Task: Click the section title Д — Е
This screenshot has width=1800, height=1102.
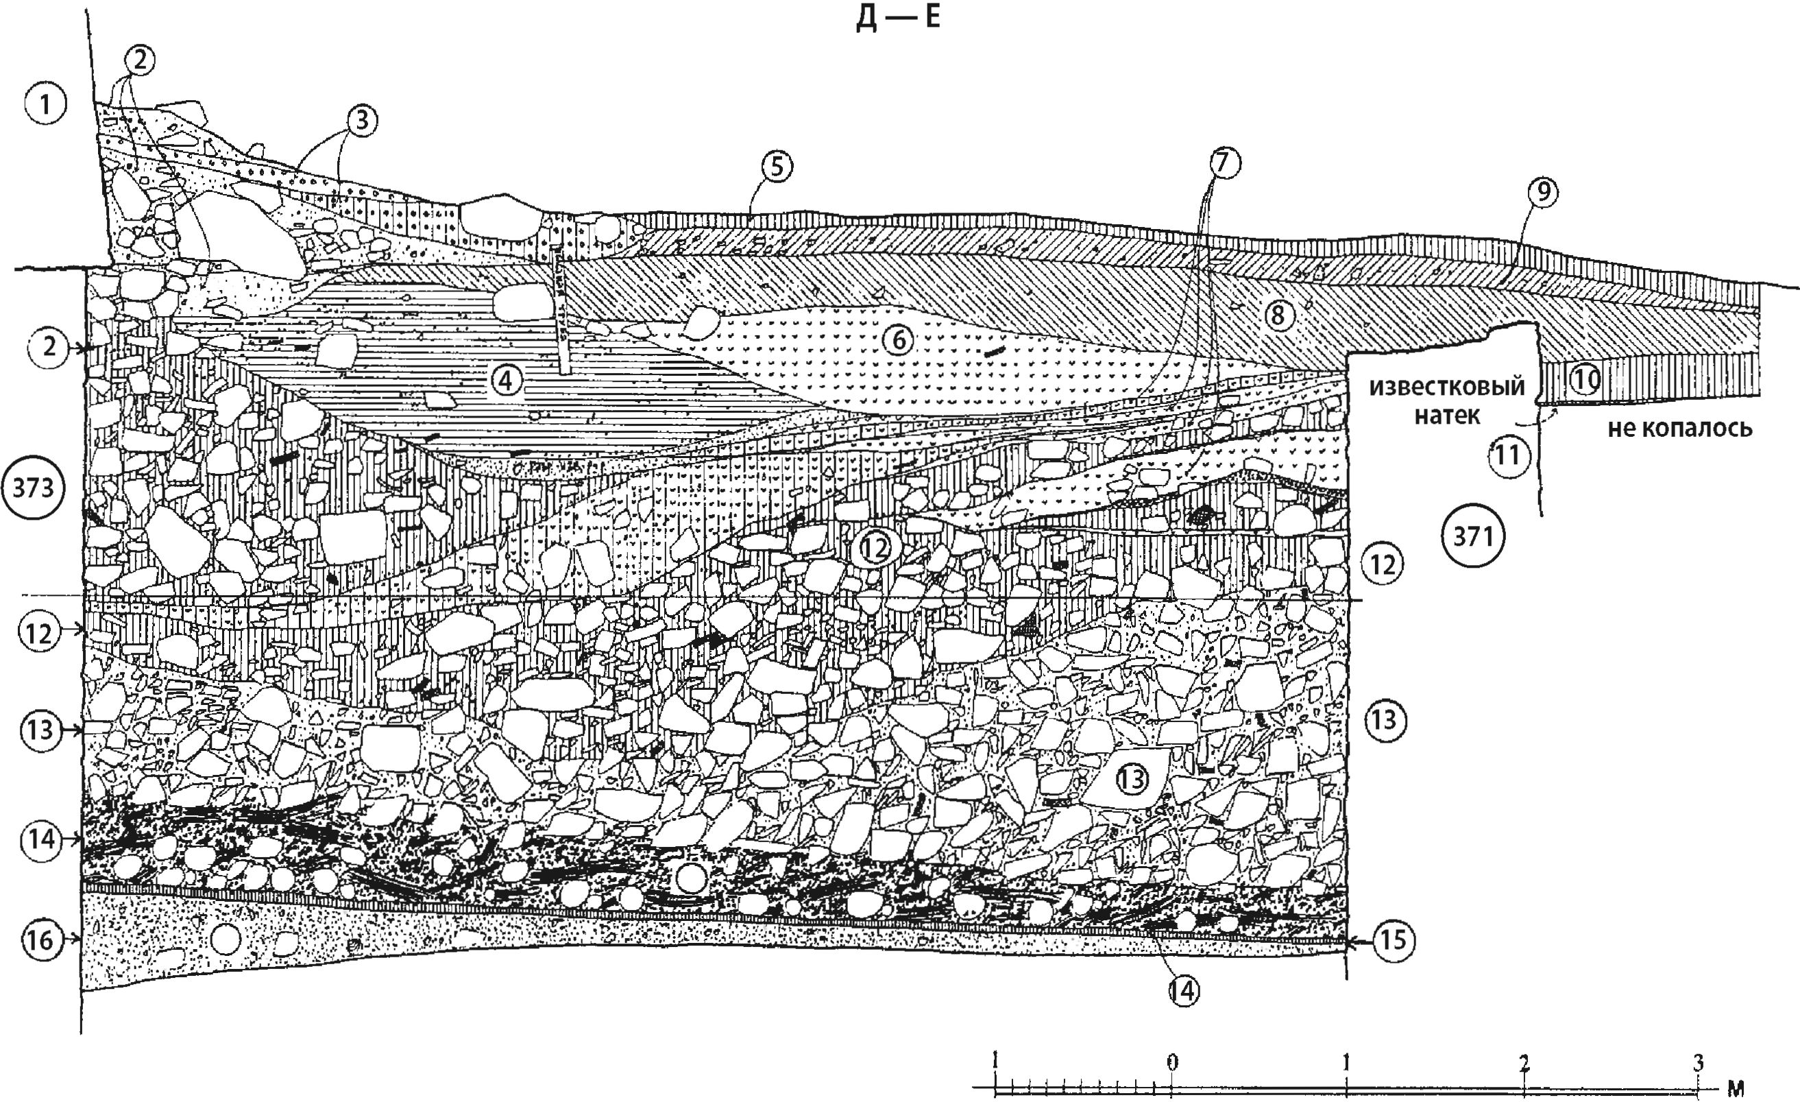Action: (898, 18)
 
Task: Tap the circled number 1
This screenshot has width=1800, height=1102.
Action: (45, 104)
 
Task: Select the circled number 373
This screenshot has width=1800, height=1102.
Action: (34, 488)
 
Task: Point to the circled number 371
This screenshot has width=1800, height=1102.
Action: (1473, 536)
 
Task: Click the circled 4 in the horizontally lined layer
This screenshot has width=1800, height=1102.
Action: (505, 379)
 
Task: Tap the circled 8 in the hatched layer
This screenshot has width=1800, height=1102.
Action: (1277, 315)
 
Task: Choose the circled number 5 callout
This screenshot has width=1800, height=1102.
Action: (776, 167)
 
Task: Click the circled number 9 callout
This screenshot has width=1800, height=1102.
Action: (1542, 192)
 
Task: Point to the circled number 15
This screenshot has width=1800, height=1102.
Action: (1392, 939)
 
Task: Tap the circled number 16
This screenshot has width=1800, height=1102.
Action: (40, 939)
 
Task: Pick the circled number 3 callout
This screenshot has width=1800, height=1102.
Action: (363, 121)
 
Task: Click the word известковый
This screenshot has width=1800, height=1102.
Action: (1446, 386)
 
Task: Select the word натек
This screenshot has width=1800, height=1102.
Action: (1446, 416)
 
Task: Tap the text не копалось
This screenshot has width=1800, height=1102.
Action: (1679, 427)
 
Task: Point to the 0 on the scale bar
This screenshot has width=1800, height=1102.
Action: (1171, 1062)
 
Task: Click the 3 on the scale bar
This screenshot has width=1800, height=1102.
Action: (1699, 1062)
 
